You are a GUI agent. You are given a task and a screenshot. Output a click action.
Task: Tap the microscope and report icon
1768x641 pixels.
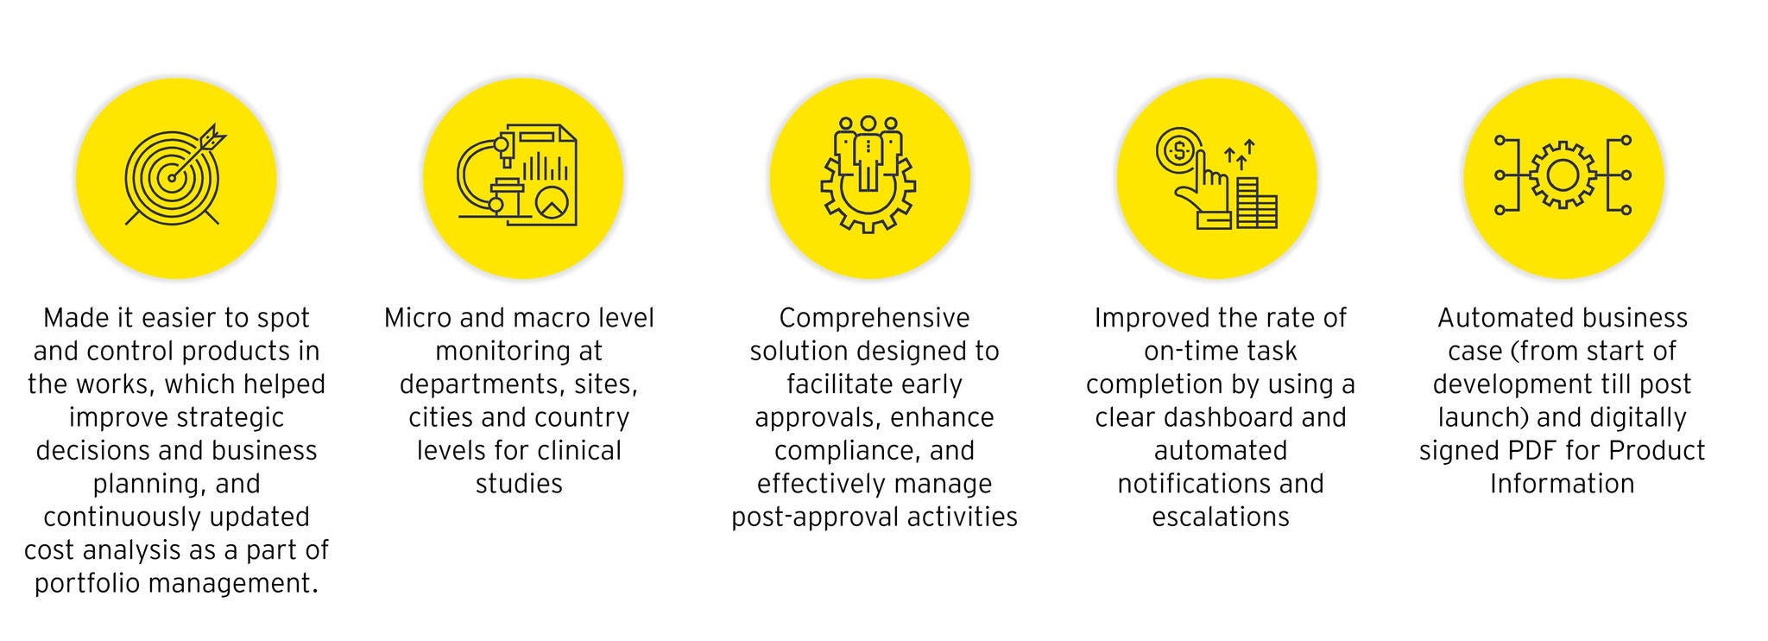[519, 175]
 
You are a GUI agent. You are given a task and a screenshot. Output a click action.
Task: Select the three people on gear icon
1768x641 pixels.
[868, 174]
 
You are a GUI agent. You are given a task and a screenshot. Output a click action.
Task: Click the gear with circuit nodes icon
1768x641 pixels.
[1563, 175]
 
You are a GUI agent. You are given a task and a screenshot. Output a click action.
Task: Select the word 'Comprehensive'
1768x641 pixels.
[875, 318]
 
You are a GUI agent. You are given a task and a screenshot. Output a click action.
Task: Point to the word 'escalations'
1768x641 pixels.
[1221, 517]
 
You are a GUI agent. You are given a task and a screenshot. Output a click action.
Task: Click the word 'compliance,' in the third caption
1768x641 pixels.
[829, 451]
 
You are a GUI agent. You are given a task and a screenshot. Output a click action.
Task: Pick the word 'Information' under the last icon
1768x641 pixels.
[1563, 483]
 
